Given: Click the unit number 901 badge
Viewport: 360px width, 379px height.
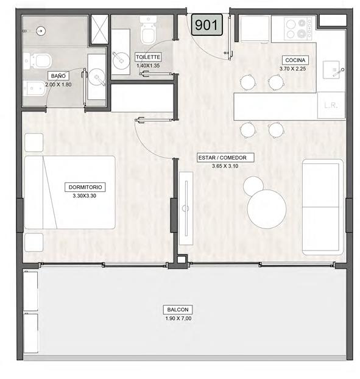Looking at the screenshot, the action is (206, 25).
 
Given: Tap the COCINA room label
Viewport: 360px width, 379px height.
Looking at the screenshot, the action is (295, 60).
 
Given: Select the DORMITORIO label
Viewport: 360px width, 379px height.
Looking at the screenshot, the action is (85, 187).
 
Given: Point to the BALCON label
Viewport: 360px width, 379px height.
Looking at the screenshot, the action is (178, 310).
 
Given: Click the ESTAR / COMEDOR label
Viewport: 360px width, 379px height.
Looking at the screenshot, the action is (225, 158).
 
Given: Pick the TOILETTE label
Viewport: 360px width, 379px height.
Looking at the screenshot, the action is (148, 57).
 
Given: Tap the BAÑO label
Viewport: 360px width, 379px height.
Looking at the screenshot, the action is (58, 76).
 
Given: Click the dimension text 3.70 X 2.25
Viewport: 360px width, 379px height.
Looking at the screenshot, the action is (292, 69).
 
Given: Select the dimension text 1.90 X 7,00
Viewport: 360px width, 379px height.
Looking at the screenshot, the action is (178, 318).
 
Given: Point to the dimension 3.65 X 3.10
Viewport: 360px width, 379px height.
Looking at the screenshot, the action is (225, 166).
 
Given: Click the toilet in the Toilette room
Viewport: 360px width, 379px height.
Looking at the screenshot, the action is (148, 30).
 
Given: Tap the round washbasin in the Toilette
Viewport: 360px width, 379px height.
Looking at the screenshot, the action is (121, 60).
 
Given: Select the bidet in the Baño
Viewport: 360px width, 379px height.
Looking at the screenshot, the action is (35, 88).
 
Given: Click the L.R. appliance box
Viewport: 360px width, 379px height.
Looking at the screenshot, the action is (331, 105).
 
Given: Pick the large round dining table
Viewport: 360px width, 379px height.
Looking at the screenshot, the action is (267, 209).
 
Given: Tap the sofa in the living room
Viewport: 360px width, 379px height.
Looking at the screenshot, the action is (323, 207).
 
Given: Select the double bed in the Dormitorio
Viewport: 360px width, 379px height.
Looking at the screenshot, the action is (70, 193).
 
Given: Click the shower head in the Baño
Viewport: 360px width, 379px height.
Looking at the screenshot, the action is (40, 30).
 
